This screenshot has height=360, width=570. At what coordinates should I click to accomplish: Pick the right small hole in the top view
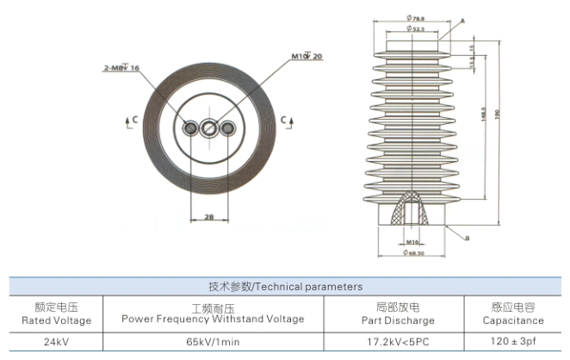pyautogui.click(x=227, y=128)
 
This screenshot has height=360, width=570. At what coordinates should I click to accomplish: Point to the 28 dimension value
pyautogui.click(x=209, y=217)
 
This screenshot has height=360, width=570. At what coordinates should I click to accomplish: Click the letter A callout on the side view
pyautogui.click(x=462, y=20)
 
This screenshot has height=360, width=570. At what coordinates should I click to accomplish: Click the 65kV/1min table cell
pyautogui.click(x=213, y=341)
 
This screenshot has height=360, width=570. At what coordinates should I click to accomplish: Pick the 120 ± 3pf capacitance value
pyautogui.click(x=512, y=341)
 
